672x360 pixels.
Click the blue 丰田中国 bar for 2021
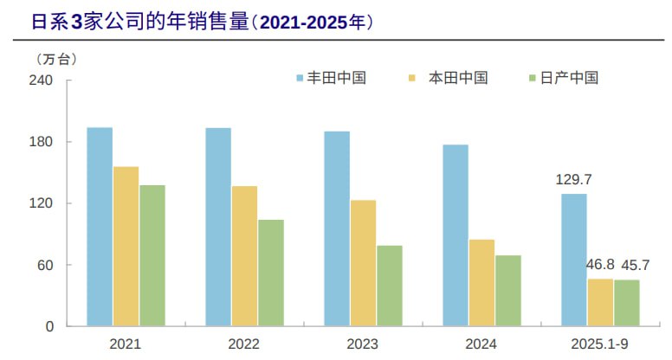100,227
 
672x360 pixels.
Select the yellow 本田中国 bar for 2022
244,256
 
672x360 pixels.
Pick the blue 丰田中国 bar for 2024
456,235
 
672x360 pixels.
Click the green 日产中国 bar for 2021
152,255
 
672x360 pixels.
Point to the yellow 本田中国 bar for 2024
481,282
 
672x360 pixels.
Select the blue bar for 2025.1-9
574,260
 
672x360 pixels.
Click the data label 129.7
572,180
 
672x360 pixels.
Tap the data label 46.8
600,265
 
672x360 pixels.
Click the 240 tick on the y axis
42,80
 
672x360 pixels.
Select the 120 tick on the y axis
42,203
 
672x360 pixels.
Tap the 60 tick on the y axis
45,265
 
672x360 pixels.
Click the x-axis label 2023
362,344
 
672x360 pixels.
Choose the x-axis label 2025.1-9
600,344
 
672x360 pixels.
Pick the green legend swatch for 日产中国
533,78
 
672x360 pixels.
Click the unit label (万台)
57,58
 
